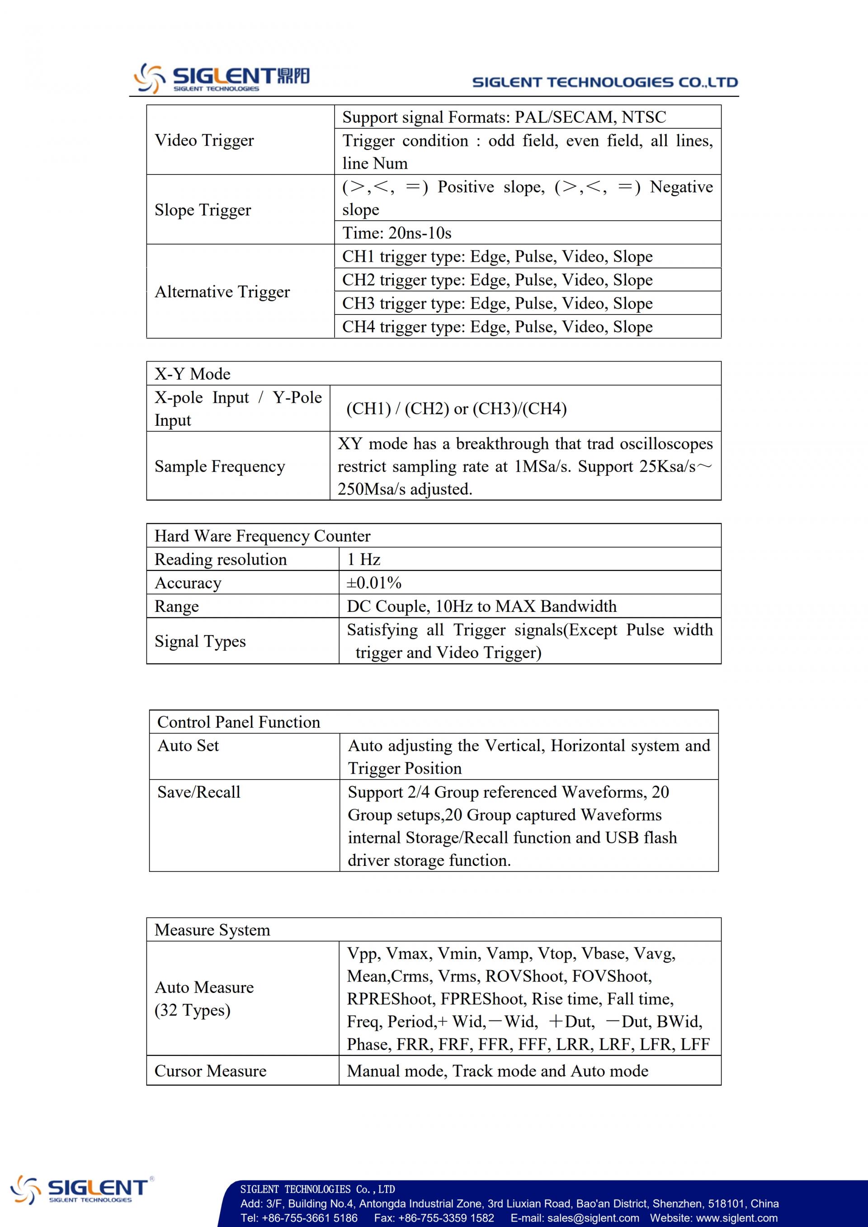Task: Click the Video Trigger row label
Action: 204,140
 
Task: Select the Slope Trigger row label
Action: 203,210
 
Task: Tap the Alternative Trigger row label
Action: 222,292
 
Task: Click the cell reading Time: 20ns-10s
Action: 396,233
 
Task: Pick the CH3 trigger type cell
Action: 497,304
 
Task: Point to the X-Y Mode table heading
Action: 193,374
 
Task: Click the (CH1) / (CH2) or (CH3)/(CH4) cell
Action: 457,409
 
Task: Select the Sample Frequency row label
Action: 220,466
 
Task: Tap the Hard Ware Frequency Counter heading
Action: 262,536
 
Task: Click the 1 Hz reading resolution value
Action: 363,559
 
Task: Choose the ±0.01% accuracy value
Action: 373,583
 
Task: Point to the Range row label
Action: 176,606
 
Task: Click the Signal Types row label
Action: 200,641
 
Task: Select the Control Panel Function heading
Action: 238,723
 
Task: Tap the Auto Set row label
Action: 188,746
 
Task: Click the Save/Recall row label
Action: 199,792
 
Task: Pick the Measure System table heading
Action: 212,931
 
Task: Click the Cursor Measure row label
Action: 210,1071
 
